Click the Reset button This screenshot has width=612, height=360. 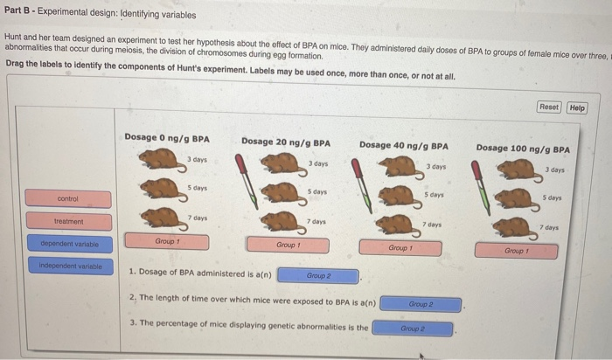pos(548,107)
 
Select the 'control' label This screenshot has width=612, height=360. pos(68,199)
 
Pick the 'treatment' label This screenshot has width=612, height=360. pos(68,222)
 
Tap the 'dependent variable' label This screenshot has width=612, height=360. pos(69,244)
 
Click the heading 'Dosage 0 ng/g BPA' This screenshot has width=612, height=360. pos(166,138)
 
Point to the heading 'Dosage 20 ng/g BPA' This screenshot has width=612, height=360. pos(285,142)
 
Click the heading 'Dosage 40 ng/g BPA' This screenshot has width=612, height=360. pos(403,145)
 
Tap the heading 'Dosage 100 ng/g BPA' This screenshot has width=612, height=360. pos(523,148)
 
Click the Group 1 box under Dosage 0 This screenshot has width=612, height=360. pos(167,240)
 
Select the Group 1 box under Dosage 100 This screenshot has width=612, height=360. pos(515,251)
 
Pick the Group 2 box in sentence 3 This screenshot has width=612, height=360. pos(412,329)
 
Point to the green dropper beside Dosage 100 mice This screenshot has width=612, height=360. pos(485,188)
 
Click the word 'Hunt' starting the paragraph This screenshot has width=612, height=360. pos(14,38)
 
